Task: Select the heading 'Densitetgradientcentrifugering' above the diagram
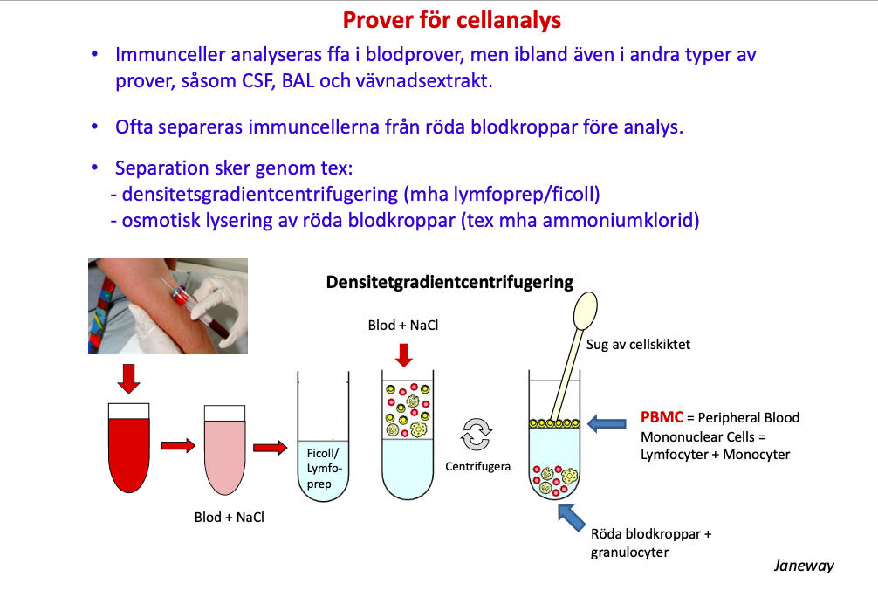[x=449, y=282]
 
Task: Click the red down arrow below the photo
[x=128, y=377]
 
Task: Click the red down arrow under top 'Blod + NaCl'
[x=403, y=355]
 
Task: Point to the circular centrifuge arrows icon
[x=477, y=433]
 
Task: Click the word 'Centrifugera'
[x=477, y=466]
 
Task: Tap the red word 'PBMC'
[x=662, y=417]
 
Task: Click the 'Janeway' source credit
[x=803, y=565]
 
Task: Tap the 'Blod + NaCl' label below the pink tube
[x=229, y=517]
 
